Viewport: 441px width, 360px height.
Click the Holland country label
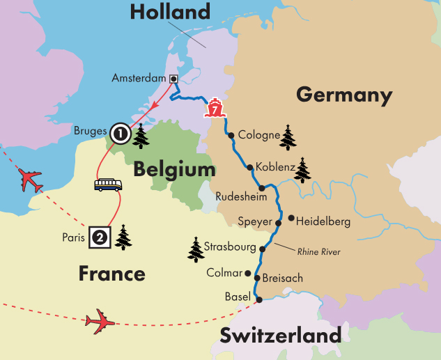pyautogui.click(x=170, y=12)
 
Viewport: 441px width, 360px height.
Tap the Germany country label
pyautogui.click(x=344, y=95)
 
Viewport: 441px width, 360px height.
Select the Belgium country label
pyautogui.click(x=175, y=169)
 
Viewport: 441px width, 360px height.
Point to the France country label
pyautogui.click(x=111, y=273)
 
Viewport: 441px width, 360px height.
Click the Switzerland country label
pyautogui.click(x=281, y=336)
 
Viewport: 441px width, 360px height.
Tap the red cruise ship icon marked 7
pyautogui.click(x=215, y=109)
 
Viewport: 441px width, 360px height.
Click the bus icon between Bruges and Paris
pyautogui.click(x=108, y=185)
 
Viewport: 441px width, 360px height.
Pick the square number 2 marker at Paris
pyautogui.click(x=99, y=237)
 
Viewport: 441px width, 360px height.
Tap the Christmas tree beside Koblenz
pyautogui.click(x=302, y=170)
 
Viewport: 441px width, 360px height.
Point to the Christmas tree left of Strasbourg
pyautogui.click(x=196, y=249)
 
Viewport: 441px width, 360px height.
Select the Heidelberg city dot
pyautogui.click(x=291, y=217)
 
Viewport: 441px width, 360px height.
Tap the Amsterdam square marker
pyautogui.click(x=173, y=78)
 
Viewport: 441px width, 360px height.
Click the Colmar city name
pyautogui.click(x=224, y=273)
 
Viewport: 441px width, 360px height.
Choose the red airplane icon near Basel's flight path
pyautogui.click(x=99, y=322)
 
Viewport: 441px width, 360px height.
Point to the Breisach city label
pyautogui.click(x=284, y=279)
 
